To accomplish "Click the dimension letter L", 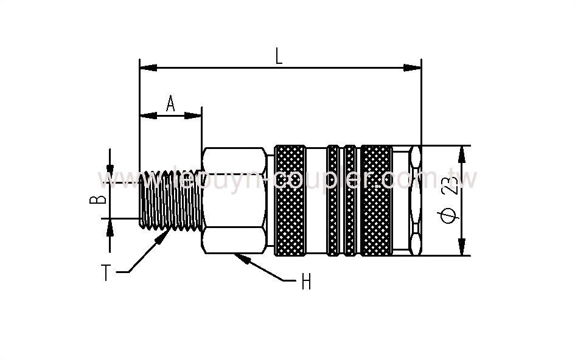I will click(x=279, y=56).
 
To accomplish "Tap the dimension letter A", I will click(x=170, y=104).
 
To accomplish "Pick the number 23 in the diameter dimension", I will click(x=451, y=185).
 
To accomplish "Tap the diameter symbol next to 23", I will click(x=450, y=217).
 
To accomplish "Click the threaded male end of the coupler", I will click(x=170, y=200).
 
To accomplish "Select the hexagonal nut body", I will click(x=234, y=200).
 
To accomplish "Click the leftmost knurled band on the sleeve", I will click(x=290, y=200).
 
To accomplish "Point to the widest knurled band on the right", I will click(x=376, y=200).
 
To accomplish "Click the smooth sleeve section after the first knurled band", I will click(x=316, y=200).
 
